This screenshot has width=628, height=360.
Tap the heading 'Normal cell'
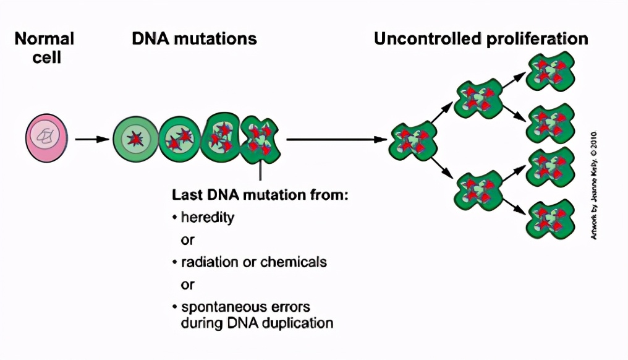pos(45,48)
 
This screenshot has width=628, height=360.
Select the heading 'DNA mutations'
pos(194,39)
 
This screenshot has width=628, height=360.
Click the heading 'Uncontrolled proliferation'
pos(481,39)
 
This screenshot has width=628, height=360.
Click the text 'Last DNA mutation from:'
pos(260,195)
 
